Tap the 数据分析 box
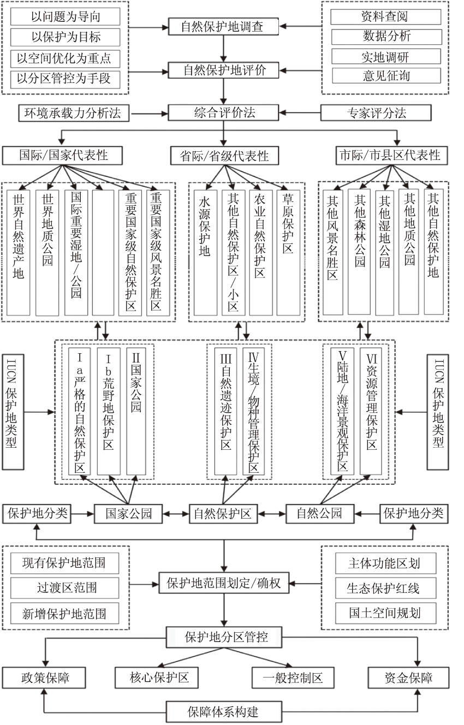coord(385,37)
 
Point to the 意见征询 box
coord(385,75)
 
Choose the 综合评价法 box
coord(224,113)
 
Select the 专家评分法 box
coord(376,113)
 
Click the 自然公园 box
coord(319,514)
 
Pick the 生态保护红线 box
coord(384,588)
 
